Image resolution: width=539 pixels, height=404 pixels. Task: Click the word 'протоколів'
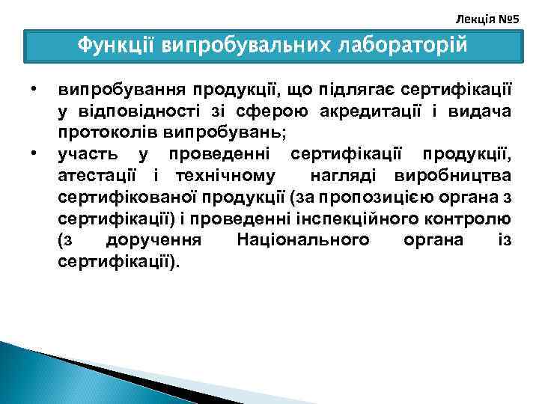pos(103,132)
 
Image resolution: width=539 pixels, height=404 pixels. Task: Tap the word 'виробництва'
pos(458,175)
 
